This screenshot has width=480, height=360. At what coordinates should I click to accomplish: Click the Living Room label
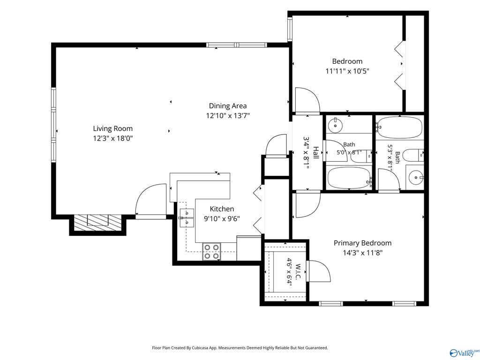112,128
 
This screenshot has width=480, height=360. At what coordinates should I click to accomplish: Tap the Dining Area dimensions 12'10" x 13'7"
228,116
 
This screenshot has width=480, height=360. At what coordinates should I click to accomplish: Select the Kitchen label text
222,209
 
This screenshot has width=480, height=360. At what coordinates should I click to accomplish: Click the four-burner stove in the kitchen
211,251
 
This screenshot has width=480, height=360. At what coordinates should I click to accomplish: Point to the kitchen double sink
187,218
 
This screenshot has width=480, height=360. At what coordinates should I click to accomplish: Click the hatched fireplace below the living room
98,223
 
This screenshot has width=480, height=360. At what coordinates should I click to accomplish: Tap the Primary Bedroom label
362,243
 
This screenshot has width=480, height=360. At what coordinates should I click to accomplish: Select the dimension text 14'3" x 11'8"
362,253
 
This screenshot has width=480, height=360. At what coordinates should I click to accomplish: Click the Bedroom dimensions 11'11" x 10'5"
347,71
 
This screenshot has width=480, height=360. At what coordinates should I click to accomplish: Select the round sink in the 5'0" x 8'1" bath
336,125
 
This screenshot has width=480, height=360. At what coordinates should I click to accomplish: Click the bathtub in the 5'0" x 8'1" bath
349,178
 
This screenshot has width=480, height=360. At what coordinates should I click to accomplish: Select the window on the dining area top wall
237,45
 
